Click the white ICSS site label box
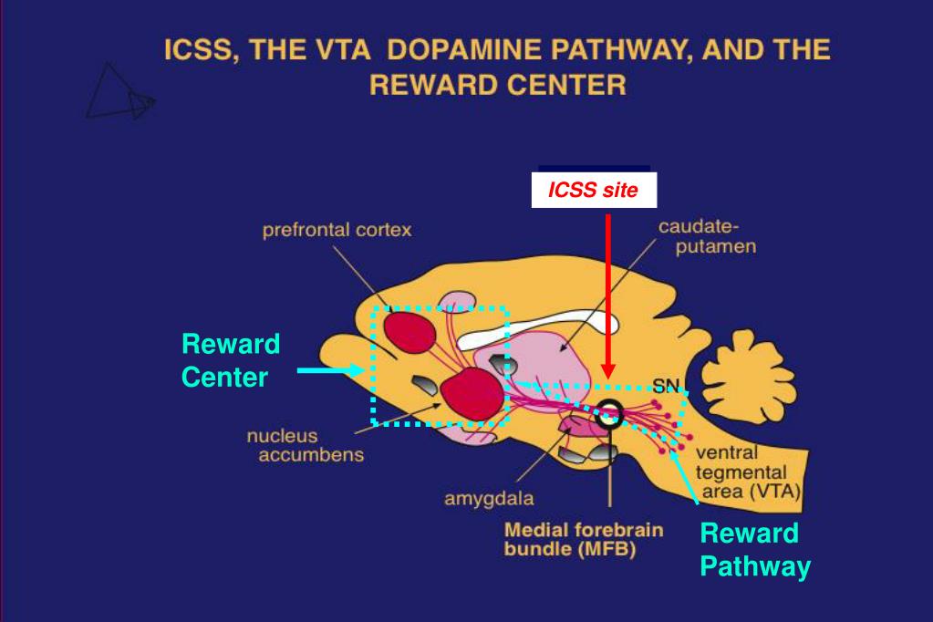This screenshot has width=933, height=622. coord(593,192)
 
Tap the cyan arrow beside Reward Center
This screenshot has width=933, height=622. coord(329,370)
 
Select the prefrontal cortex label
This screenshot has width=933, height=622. coord(337,231)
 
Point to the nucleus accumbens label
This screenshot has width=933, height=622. coord(305,446)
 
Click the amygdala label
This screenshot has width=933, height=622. coord(489,499)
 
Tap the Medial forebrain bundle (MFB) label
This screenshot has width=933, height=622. coord(584,540)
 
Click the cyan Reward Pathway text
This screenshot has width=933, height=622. coord(754,550)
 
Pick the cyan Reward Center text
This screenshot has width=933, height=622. coord(230,360)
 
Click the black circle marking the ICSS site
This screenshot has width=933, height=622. coord(609,414)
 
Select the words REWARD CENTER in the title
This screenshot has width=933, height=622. coord(497,86)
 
